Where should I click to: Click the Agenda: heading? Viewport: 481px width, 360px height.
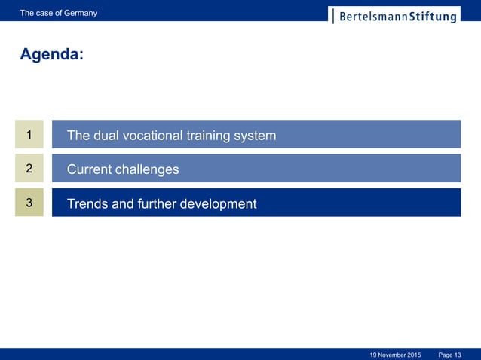[x=51, y=55]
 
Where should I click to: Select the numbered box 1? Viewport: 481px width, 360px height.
[x=29, y=135]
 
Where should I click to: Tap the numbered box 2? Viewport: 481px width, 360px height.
[x=29, y=169]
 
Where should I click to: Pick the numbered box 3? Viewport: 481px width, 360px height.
[x=29, y=203]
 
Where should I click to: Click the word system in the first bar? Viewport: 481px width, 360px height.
[x=254, y=136]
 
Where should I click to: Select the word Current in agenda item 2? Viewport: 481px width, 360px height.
[x=89, y=169]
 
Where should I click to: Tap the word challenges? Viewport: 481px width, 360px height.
[x=147, y=169]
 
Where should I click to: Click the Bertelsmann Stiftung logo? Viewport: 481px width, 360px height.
[x=394, y=15]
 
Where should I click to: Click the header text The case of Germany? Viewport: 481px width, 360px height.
[x=58, y=13]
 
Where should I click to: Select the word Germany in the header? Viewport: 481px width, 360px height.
[x=80, y=13]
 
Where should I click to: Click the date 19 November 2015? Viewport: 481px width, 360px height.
[x=395, y=354]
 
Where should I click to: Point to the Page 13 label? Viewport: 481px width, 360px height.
[x=449, y=354]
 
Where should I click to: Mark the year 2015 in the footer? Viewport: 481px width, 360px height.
[x=412, y=354]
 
